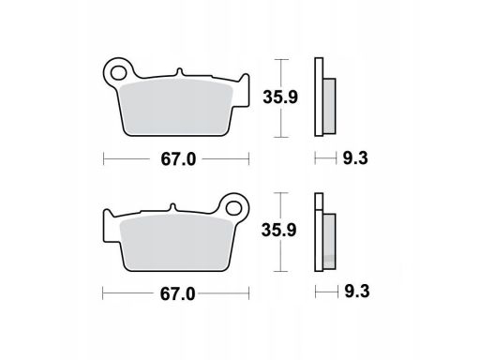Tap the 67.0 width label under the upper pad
178,159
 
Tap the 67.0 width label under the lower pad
177,294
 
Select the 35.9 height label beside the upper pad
280,97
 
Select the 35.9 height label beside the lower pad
278,231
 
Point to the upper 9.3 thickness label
355,158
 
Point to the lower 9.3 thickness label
357,292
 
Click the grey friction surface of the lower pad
176,242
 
